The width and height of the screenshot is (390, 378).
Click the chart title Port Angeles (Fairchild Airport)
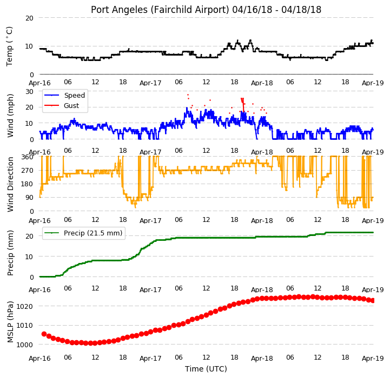(x=160, y=10)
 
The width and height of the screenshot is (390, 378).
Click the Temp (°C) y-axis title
(x=9, y=46)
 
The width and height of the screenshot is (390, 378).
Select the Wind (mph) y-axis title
(x=10, y=116)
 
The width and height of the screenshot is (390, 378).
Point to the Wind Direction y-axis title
(x=10, y=184)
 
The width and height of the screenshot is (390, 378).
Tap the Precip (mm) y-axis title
(x=10, y=253)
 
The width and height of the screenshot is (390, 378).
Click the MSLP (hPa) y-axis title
(x=10, y=322)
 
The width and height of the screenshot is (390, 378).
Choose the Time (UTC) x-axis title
(x=206, y=369)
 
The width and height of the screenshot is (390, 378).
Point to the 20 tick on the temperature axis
(x=29, y=18)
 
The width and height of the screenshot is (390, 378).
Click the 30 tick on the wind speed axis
(x=29, y=92)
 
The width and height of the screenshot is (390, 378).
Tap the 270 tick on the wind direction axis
(x=28, y=171)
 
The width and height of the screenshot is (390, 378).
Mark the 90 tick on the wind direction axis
(x=29, y=198)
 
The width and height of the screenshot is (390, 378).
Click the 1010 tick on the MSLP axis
(x=25, y=325)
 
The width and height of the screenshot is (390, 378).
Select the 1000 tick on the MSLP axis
(x=25, y=345)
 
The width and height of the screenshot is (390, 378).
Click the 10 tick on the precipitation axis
(x=29, y=256)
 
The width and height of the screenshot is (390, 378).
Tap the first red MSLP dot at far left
(x=44, y=334)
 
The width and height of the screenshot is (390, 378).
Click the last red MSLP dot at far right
(x=373, y=301)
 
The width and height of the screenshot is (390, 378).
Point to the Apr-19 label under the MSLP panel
(x=373, y=358)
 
